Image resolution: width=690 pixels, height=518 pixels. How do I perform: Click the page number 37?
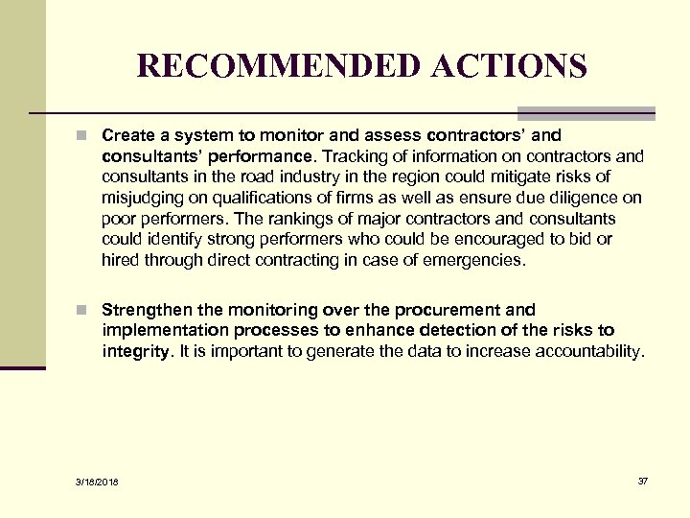pos(642,481)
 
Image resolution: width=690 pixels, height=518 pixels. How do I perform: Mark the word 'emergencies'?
pos(476,259)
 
